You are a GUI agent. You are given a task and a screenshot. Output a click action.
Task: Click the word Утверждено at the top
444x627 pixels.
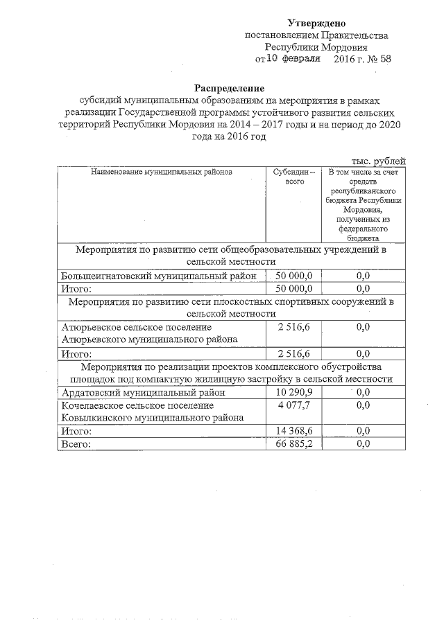tap(316, 24)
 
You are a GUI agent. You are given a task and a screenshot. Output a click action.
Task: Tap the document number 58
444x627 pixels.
tap(384, 59)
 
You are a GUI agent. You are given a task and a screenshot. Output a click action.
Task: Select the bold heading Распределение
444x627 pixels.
tap(229, 88)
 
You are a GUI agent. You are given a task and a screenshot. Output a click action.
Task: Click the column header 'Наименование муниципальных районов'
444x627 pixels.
tap(161, 171)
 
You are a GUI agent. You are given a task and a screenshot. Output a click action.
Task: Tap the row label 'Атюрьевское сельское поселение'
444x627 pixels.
tap(137, 326)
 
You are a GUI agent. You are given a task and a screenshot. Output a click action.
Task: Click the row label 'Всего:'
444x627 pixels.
tap(76, 443)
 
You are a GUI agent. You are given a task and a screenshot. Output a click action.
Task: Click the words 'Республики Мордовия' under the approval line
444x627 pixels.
tap(316, 47)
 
